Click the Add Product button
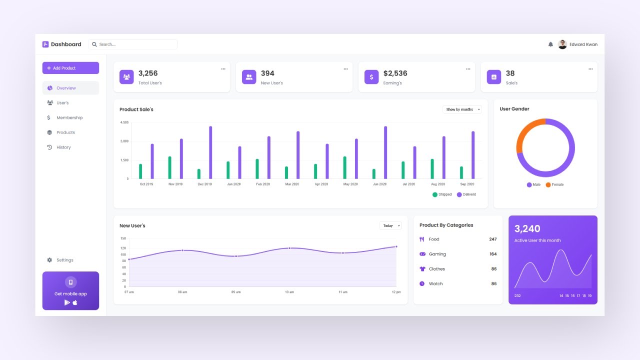point(70,68)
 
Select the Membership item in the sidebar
point(69,117)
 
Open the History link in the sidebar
point(63,147)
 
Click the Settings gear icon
point(49,260)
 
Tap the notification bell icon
point(550,44)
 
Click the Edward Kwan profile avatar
point(562,44)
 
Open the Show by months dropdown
point(462,109)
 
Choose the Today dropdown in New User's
point(390,226)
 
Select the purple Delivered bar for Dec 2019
point(210,152)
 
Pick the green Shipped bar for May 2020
point(344,167)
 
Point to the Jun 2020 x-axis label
point(379,184)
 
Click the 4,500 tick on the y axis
point(124,122)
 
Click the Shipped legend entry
point(442,194)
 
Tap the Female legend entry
point(555,185)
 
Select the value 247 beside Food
point(493,239)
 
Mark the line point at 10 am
point(289,248)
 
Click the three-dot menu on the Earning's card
point(468,69)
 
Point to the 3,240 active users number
point(527,229)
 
